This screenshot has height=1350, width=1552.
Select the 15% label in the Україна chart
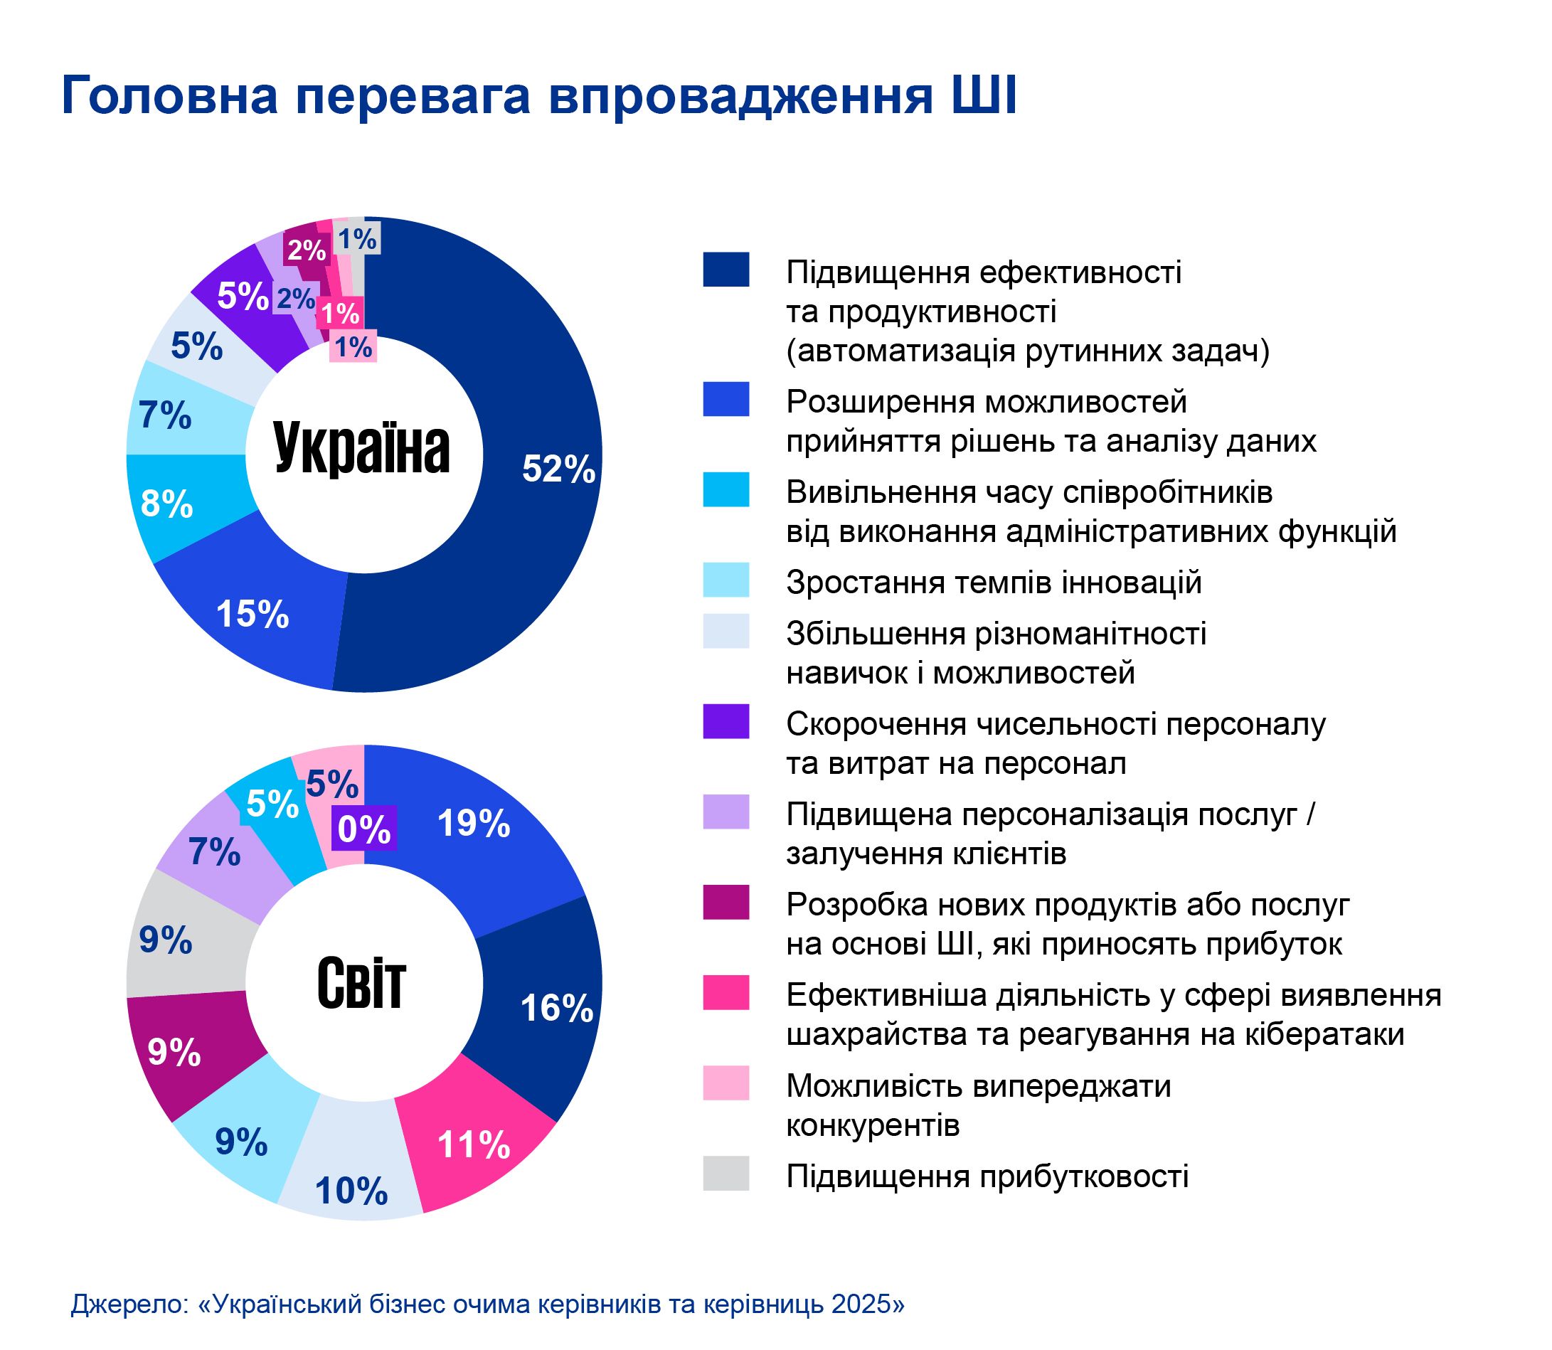[x=253, y=614]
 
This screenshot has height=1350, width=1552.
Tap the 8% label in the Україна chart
[x=166, y=504]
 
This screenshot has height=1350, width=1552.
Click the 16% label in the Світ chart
[x=557, y=1007]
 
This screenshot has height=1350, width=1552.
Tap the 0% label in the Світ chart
[x=364, y=829]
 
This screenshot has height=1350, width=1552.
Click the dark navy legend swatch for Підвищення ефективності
[x=725, y=270]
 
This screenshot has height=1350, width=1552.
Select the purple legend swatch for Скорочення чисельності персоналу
[x=725, y=721]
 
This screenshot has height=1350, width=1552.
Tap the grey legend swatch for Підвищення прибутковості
[x=725, y=1173]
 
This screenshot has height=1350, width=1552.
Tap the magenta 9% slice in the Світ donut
[x=188, y=1055]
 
